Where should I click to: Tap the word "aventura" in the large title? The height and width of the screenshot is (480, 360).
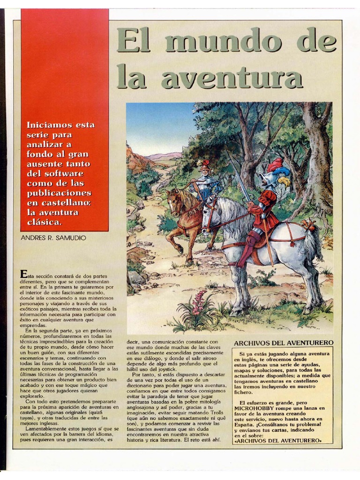click(232, 78)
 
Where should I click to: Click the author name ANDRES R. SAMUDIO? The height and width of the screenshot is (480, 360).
click(53, 238)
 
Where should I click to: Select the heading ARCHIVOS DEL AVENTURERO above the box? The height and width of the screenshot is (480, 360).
click(284, 343)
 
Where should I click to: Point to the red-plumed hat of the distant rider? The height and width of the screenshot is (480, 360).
click(204, 165)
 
